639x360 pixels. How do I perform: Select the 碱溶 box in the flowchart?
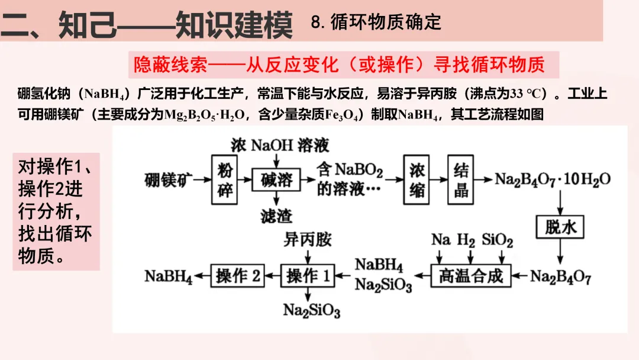[276, 179]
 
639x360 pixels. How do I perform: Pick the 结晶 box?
[461, 179]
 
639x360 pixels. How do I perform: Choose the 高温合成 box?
[470, 275]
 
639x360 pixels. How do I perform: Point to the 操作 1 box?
[309, 275]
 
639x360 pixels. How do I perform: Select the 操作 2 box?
[238, 275]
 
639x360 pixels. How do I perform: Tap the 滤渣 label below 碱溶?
[276, 216]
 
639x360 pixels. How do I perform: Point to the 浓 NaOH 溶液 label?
[280, 145]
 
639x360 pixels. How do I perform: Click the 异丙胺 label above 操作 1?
[308, 240]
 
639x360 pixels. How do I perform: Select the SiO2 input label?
[497, 240]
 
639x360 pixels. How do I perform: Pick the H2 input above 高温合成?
[466, 240]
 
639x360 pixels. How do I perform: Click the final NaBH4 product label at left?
[169, 276]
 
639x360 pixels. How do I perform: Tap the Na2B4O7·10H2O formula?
[553, 179]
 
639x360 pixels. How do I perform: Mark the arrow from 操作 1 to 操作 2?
[272, 275]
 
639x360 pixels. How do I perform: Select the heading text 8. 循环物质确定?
[376, 22]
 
